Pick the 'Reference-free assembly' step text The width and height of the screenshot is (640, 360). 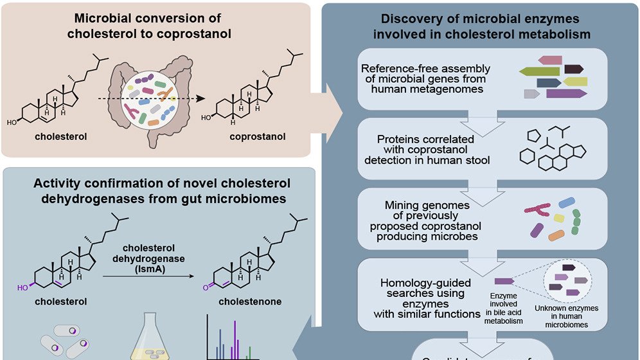pyautogui.click(x=425, y=78)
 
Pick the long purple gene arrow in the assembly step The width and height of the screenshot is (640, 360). pyautogui.click(x=566, y=94)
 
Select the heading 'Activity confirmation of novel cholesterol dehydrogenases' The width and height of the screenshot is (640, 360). pyautogui.click(x=159, y=191)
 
